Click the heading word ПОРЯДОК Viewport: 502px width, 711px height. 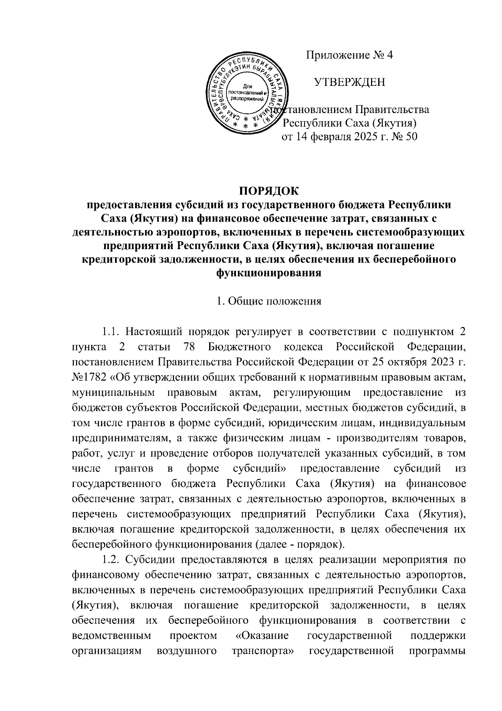269,191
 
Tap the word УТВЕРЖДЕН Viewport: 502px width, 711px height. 350,82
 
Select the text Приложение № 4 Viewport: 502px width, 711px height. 350,55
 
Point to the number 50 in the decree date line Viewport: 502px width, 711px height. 411,137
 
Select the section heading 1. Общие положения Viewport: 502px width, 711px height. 269,301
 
